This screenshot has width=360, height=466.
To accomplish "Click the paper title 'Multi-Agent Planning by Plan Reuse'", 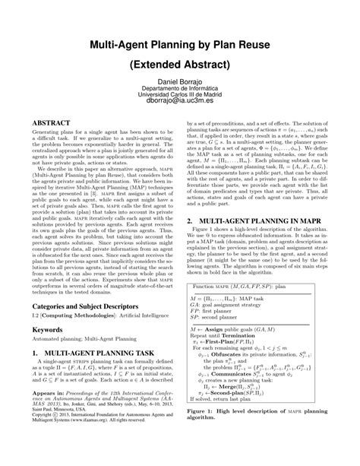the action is pos(179,46).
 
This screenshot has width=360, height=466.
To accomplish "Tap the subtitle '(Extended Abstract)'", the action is pos(179,66).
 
